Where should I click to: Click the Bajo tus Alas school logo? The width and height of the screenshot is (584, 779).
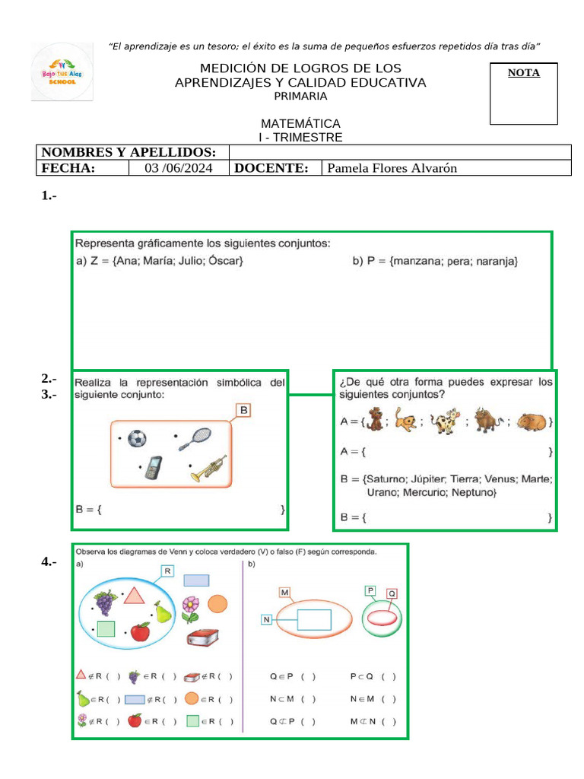point(62,72)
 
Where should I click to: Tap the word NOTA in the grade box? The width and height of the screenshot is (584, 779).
point(524,73)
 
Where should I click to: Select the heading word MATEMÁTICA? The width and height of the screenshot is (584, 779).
point(300,123)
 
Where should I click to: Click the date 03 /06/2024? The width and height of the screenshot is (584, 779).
point(179,168)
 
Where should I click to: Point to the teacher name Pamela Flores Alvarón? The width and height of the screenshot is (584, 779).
point(392,168)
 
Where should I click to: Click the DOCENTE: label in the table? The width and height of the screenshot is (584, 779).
point(271,168)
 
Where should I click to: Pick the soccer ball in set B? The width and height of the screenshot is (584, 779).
point(137,439)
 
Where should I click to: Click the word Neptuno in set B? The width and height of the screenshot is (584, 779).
point(473,493)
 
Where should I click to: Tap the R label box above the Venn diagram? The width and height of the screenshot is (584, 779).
point(167,571)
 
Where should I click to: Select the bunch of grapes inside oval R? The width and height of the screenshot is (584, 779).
point(104,603)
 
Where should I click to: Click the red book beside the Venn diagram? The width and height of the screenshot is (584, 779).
point(203,638)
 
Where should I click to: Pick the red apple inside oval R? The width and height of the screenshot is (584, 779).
point(140,632)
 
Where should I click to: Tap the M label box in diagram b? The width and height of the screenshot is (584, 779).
point(285,593)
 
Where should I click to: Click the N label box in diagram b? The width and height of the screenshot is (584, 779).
point(266,620)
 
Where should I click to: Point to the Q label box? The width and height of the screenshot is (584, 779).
point(392,593)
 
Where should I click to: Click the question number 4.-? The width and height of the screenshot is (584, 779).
point(49,562)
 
